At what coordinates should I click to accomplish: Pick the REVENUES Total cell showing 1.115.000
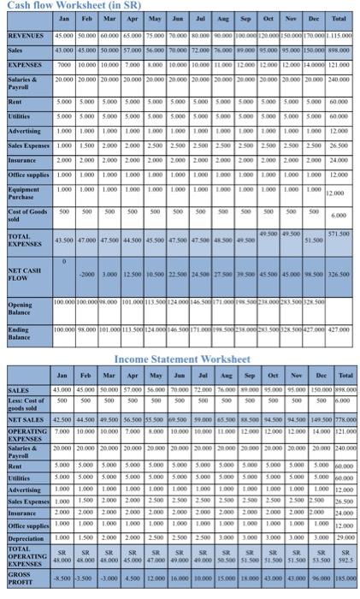343,35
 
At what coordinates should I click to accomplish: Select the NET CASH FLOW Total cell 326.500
342,276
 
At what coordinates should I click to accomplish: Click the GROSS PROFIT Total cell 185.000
345,579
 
